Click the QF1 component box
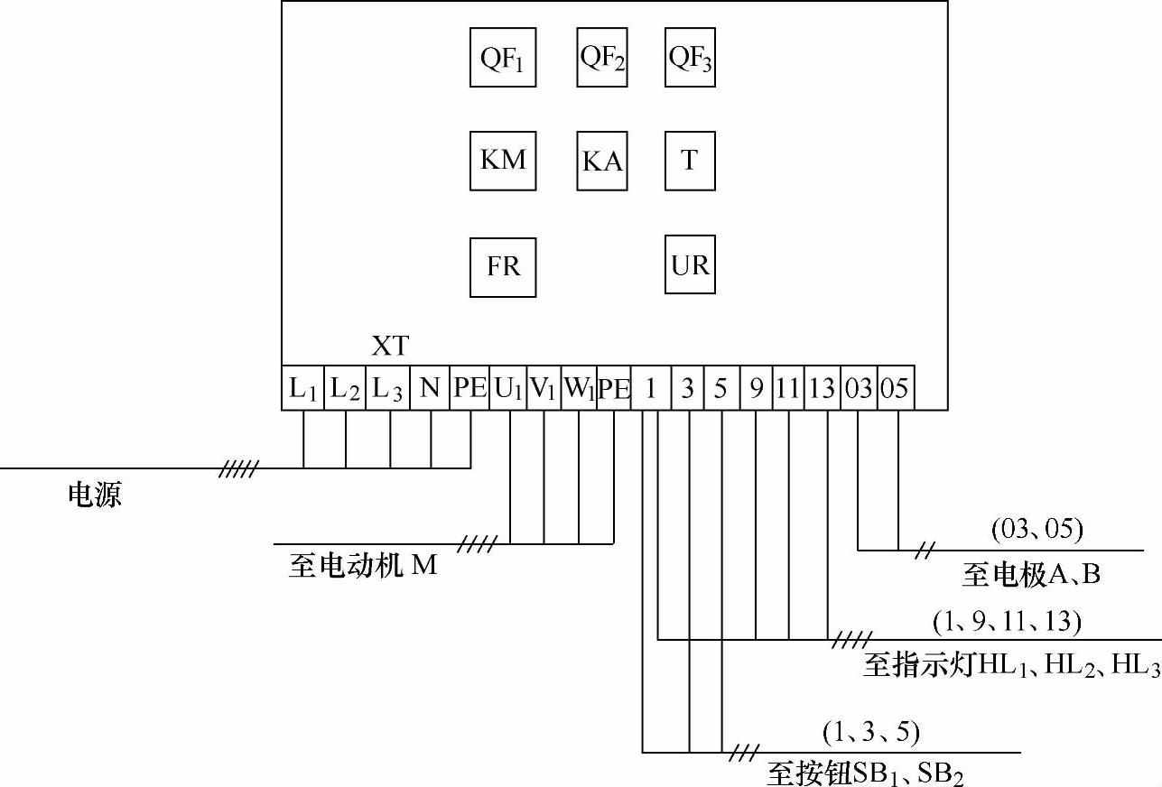point(503,57)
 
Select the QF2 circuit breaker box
point(602,57)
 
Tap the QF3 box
point(690,57)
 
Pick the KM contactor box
point(503,161)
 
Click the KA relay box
point(602,161)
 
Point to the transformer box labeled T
point(690,161)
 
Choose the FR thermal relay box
point(503,267)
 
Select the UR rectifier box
point(690,264)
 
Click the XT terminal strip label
point(390,346)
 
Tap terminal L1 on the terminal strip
point(302,389)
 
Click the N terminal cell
point(431,389)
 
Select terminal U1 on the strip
point(507,389)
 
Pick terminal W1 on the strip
point(579,389)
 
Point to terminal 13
point(823,389)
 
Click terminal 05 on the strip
point(894,389)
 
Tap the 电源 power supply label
point(95,495)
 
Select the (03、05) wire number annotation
point(1037,529)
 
